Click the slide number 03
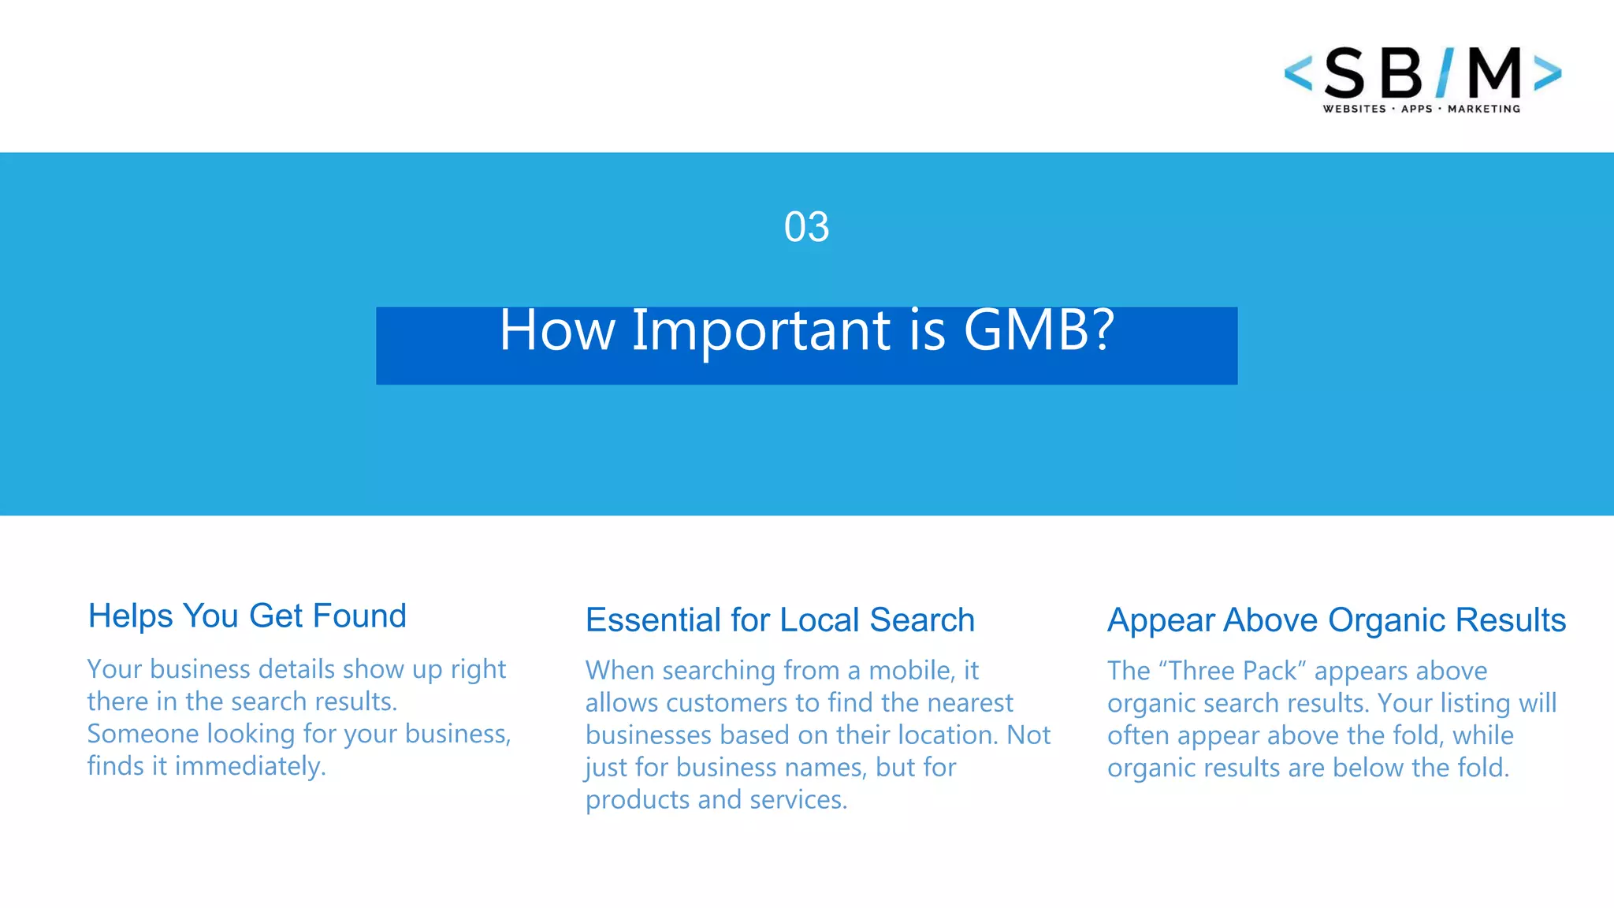806,227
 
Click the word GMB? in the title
1039,329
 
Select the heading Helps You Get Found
247,616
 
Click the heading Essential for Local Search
779,620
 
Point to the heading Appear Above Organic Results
1336,620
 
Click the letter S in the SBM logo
1344,74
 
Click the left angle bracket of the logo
1298,73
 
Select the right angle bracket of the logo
1547,73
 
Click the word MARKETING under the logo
1483,109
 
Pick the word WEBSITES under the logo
1354,109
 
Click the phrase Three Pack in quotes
1233,671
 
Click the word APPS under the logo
1416,109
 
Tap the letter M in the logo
1494,73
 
